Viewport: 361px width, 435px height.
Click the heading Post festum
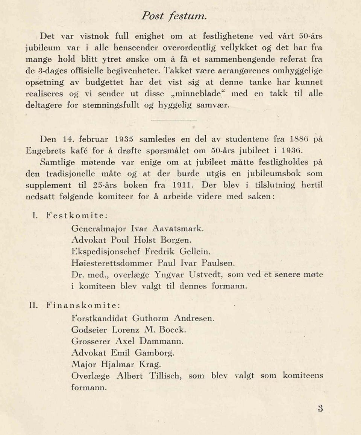click(174, 16)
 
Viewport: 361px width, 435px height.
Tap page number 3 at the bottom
click(320, 409)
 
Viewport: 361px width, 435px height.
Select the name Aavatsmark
click(178, 229)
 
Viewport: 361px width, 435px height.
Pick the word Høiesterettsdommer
click(112, 263)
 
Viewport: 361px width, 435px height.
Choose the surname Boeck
click(173, 330)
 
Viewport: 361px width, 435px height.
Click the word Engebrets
click(46, 151)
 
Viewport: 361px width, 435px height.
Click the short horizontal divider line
click(174, 120)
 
